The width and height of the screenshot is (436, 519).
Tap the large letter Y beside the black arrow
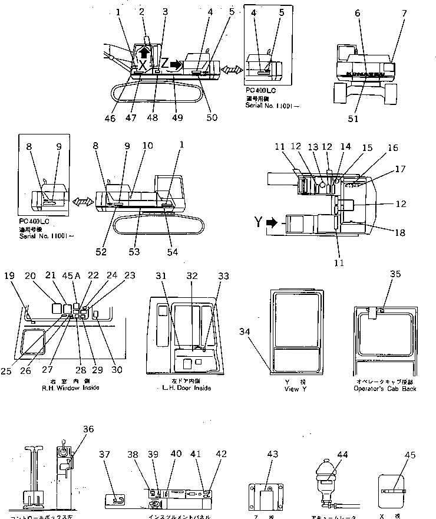click(257, 223)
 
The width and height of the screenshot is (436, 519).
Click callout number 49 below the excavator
click(178, 117)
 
